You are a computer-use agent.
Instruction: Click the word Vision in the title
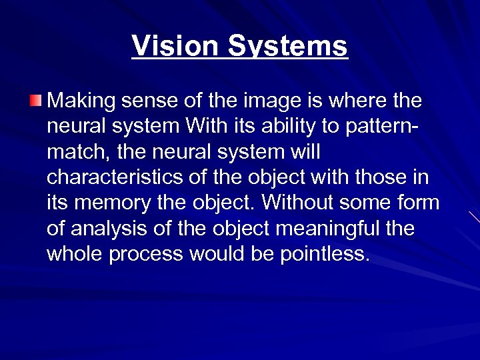click(x=175, y=47)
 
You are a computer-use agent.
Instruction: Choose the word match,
click(x=79, y=153)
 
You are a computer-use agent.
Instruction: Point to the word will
click(x=305, y=153)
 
